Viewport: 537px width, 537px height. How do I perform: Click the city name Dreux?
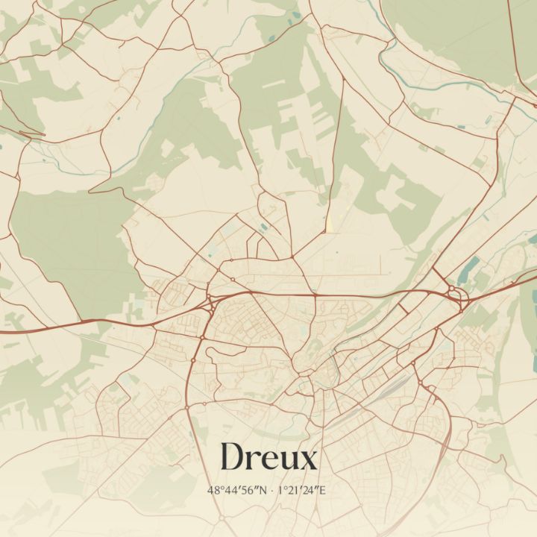tap(268, 457)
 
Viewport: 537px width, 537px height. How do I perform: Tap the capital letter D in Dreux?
tap(231, 457)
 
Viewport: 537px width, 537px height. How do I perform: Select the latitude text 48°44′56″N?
tap(238, 490)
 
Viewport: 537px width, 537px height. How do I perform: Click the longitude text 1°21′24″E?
tap(301, 490)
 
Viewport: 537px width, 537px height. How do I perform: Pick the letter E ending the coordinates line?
tap(323, 490)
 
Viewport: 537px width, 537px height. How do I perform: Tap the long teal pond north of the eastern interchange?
tap(471, 267)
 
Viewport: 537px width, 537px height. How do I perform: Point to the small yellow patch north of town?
tap(327, 224)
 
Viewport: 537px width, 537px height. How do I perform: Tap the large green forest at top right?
tap(462, 30)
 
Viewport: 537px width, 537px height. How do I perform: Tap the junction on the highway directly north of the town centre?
tap(315, 295)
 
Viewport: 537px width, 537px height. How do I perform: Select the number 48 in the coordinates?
tap(213, 490)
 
